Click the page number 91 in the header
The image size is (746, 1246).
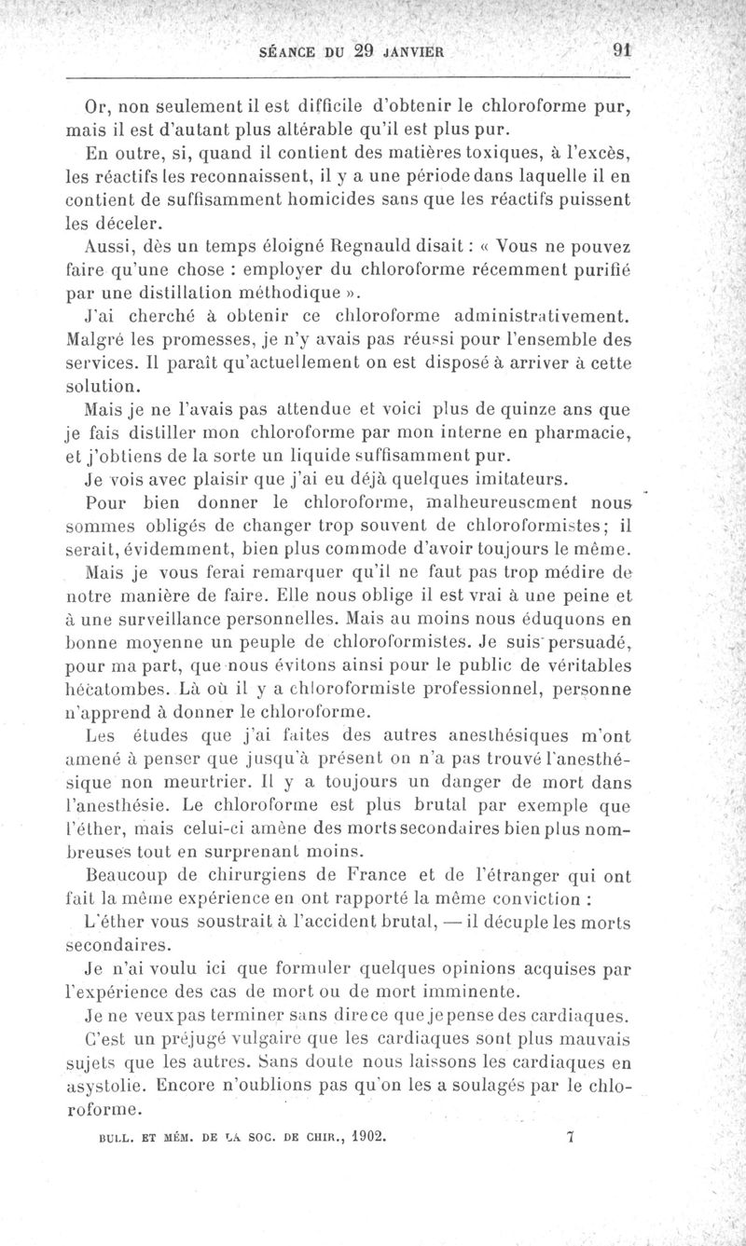click(620, 50)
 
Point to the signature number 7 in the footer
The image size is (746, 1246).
click(569, 1136)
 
